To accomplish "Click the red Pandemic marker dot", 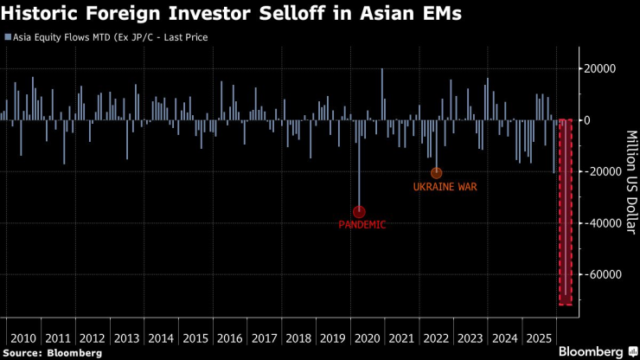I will click(359, 212).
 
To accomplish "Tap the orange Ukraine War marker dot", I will click(437, 173).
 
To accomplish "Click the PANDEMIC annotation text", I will click(362, 225).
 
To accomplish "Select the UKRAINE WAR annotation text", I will click(445, 186).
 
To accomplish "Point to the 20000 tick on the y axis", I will click(600, 69).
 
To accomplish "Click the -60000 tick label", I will click(598, 274).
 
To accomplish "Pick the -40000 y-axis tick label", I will click(598, 223).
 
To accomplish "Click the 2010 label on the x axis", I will click(22, 337).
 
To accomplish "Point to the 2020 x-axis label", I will click(368, 337).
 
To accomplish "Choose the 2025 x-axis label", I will click(540, 337).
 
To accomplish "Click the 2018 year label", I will click(298, 337).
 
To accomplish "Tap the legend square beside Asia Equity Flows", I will click(7, 38).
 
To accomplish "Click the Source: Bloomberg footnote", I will click(53, 353).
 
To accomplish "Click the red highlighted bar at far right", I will click(565, 212).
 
